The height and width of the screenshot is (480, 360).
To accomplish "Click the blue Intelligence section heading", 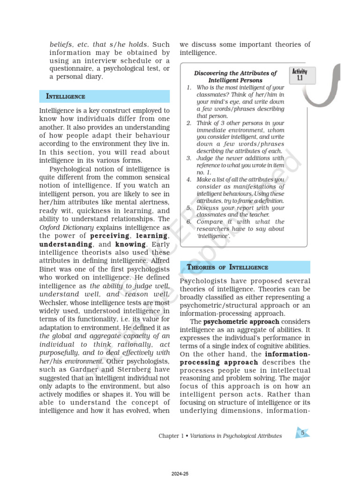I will (65, 97).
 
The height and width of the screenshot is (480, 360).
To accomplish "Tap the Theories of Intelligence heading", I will (228, 267).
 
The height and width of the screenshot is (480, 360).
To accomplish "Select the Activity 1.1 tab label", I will (300, 75).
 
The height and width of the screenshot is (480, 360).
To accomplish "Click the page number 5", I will (303, 433).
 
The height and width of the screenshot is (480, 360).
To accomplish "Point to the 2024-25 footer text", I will (180, 474).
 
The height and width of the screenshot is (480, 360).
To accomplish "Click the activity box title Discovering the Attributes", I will (235, 73).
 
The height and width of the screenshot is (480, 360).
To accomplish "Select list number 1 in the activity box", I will (188, 88).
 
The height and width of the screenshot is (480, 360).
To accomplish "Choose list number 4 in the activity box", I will (188, 180).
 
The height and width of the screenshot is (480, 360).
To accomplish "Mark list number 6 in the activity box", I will (188, 222).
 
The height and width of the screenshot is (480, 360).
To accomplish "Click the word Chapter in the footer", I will (169, 436).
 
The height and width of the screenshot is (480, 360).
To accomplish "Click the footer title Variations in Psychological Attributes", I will (236, 436).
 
